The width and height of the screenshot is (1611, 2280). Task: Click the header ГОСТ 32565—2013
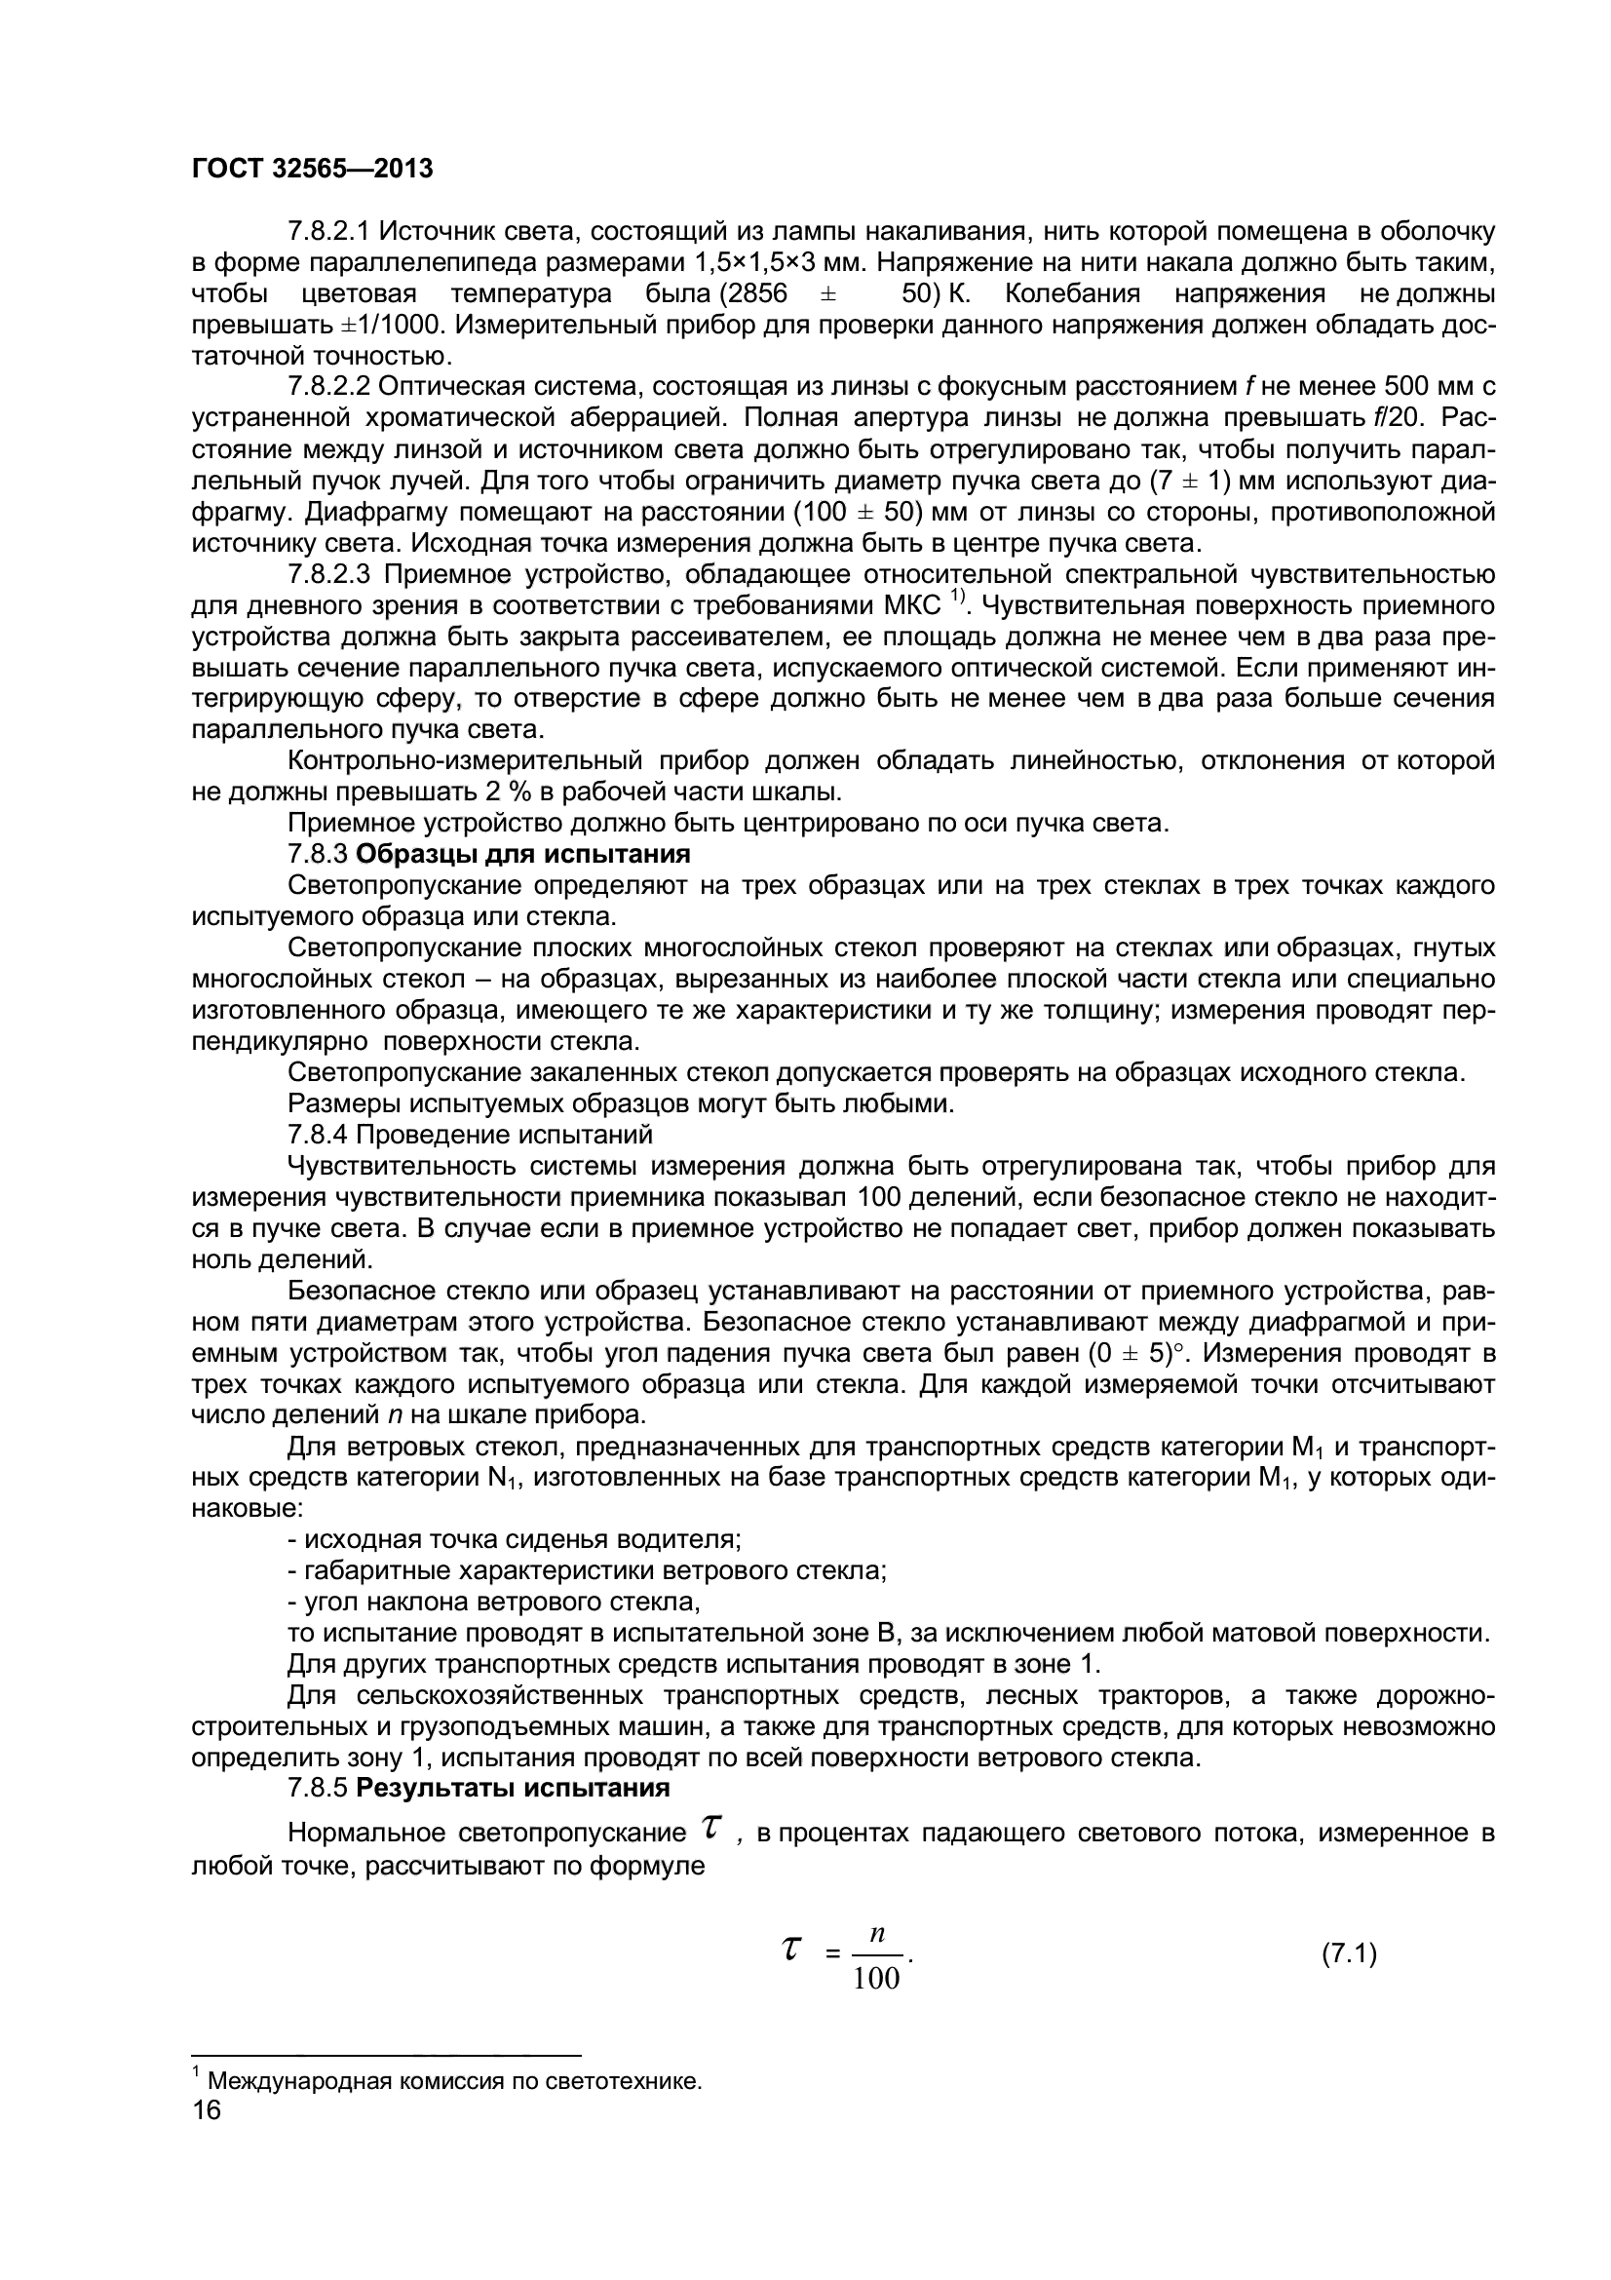tap(312, 170)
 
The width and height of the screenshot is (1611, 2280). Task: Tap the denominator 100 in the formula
tap(876, 1979)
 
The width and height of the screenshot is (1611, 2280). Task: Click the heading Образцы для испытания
tap(523, 854)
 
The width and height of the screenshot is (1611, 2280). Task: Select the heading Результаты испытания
tap(514, 1789)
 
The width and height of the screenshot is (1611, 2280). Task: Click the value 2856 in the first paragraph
tap(759, 294)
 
